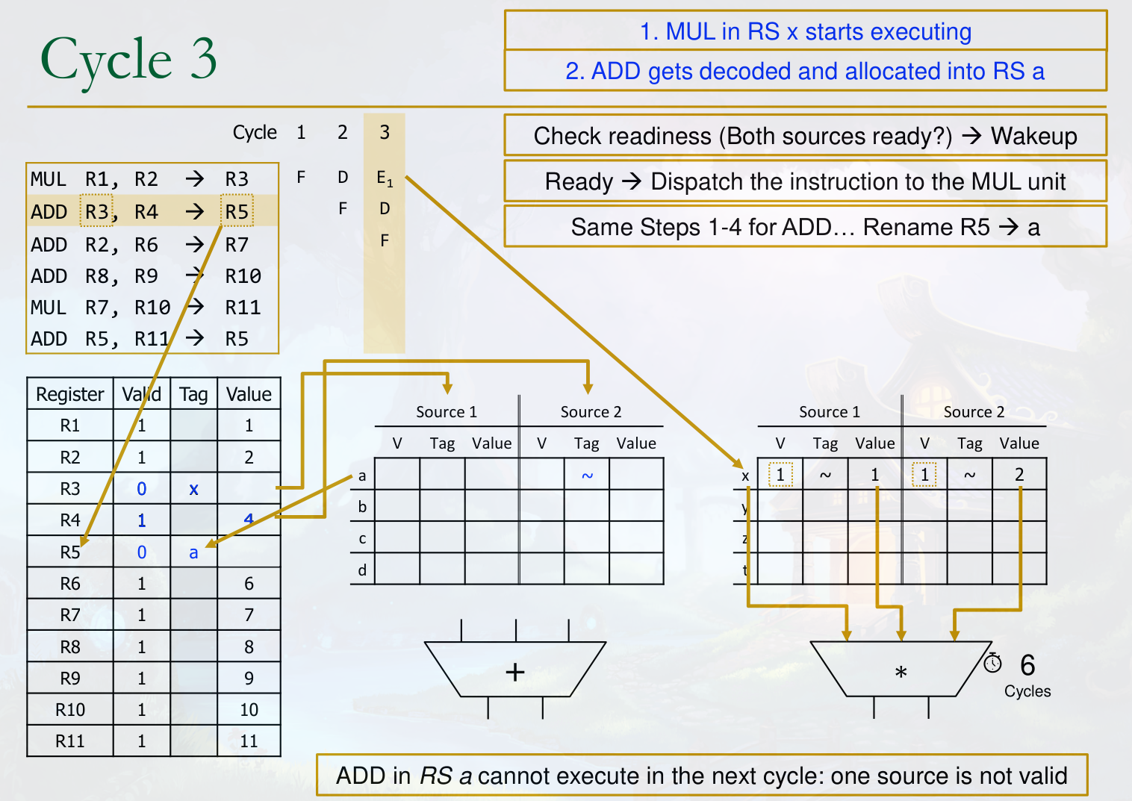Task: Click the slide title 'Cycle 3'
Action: pyautogui.click(x=128, y=60)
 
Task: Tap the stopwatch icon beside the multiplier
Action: pyautogui.click(x=992, y=662)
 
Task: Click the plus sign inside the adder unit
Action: pyautogui.click(x=515, y=672)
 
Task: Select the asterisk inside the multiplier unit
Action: pyautogui.click(x=901, y=673)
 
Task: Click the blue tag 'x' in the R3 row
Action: pyautogui.click(x=193, y=489)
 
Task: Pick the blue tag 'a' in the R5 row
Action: pyautogui.click(x=193, y=552)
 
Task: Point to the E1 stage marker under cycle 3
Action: pyautogui.click(x=384, y=178)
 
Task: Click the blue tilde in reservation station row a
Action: pyautogui.click(x=587, y=476)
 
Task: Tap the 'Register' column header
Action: pyautogui.click(x=70, y=394)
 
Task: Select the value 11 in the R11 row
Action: pyautogui.click(x=249, y=741)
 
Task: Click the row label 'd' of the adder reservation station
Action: pyautogui.click(x=362, y=570)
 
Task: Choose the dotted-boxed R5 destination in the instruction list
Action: pyautogui.click(x=237, y=211)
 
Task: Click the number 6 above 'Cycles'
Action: pyautogui.click(x=1027, y=664)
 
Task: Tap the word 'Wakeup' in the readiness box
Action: pyautogui.click(x=1033, y=136)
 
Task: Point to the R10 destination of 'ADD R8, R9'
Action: pyautogui.click(x=243, y=276)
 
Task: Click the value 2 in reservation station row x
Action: pyautogui.click(x=1019, y=475)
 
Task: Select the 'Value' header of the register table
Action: pyautogui.click(x=249, y=394)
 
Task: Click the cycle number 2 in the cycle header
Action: pyautogui.click(x=342, y=133)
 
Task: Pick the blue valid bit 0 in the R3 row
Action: pyautogui.click(x=142, y=489)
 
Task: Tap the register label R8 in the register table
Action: pyautogui.click(x=70, y=647)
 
